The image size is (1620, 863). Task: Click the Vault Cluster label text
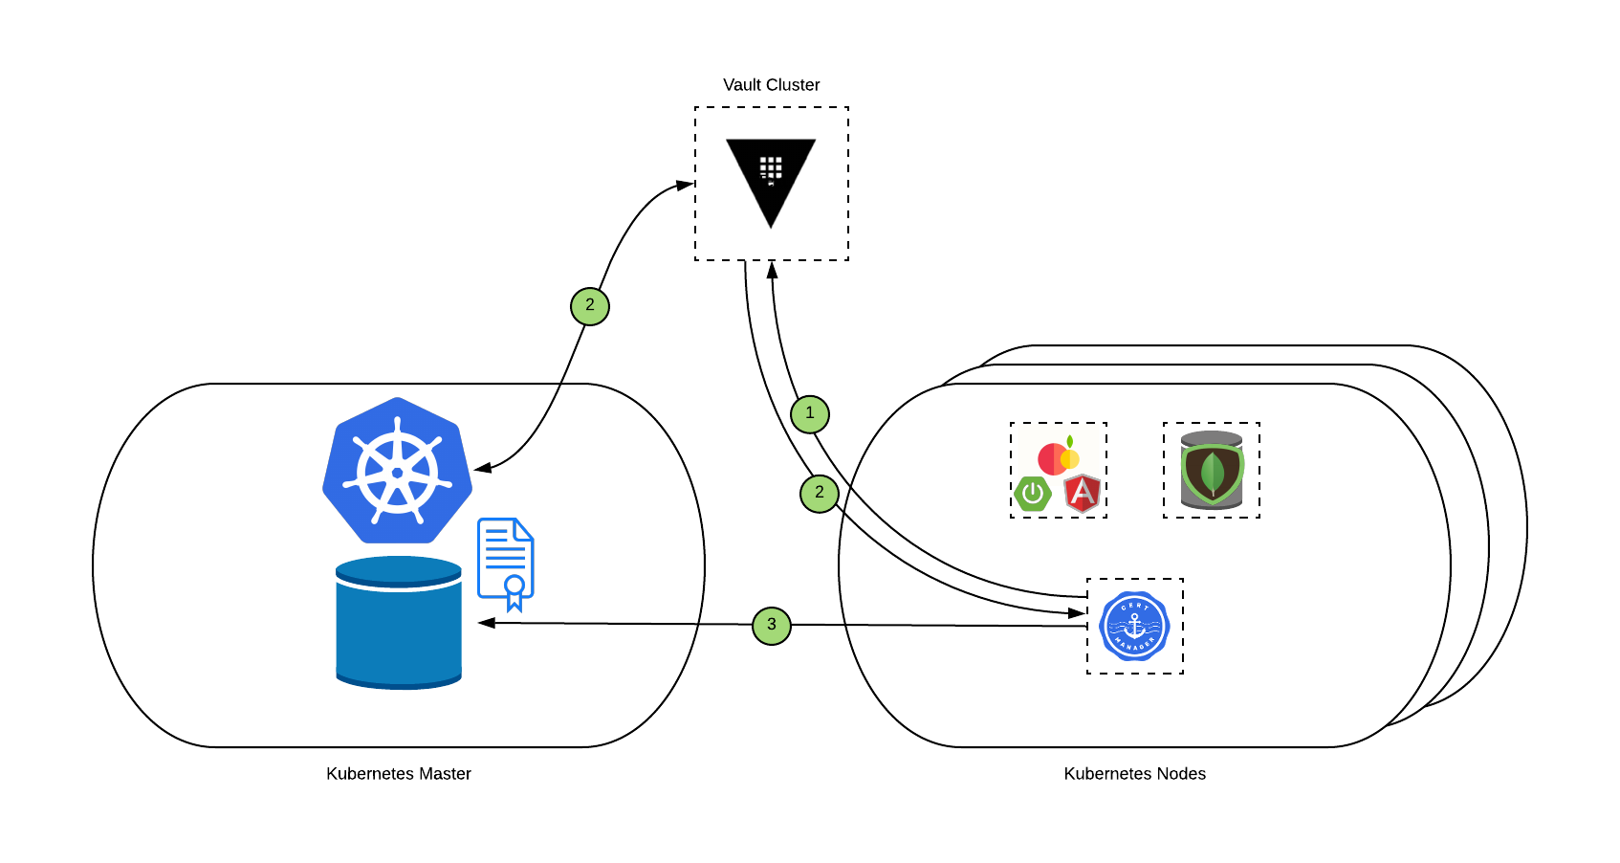tap(771, 85)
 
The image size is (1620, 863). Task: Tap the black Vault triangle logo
tap(771, 177)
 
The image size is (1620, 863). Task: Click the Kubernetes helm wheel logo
tap(397, 472)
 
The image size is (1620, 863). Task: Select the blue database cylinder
tap(399, 623)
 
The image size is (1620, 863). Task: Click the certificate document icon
tap(506, 564)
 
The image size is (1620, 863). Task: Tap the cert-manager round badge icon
tap(1134, 627)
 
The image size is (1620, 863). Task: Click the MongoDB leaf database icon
tap(1212, 471)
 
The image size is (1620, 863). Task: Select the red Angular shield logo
tap(1083, 493)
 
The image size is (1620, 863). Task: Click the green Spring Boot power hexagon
tap(1033, 494)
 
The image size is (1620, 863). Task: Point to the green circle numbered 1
tap(810, 414)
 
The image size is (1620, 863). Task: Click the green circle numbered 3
tap(772, 626)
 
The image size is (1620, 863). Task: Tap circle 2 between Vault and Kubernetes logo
tap(590, 306)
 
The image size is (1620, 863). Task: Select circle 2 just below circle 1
tap(820, 493)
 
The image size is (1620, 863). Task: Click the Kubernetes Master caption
tap(398, 774)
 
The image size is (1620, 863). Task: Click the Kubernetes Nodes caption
tap(1134, 774)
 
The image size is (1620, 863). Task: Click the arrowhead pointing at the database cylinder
tap(486, 623)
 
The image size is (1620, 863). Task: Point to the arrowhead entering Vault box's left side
tap(685, 185)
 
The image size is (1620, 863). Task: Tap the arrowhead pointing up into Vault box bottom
tap(772, 270)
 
